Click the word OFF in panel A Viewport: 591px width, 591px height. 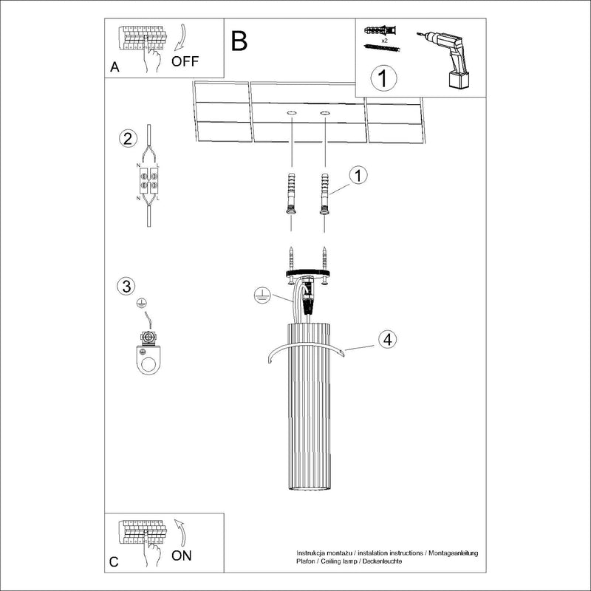click(185, 61)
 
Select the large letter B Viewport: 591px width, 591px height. click(239, 41)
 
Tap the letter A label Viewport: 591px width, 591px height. click(115, 67)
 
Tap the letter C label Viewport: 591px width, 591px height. click(114, 561)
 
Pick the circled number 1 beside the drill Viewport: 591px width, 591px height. click(383, 78)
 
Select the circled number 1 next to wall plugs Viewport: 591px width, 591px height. click(358, 175)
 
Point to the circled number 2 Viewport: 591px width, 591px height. click(128, 139)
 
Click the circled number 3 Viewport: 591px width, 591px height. click(127, 286)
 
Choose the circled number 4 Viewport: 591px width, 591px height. click(387, 339)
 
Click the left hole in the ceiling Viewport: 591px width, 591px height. click(292, 113)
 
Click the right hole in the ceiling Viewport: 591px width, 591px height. click(325, 113)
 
